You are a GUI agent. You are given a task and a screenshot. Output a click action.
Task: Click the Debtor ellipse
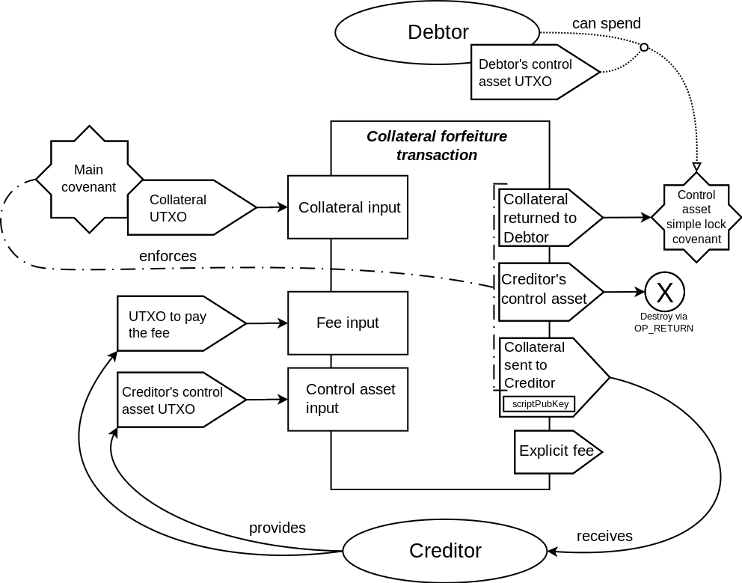438,32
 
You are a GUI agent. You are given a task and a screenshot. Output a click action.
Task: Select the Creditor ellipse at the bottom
445,551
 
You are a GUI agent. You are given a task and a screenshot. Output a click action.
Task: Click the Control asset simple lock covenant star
696,217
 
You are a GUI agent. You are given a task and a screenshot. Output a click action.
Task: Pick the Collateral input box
349,207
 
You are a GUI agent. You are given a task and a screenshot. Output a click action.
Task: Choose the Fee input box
348,323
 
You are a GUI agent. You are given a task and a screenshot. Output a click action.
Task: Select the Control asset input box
348,399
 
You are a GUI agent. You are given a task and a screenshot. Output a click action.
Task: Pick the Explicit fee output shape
557,451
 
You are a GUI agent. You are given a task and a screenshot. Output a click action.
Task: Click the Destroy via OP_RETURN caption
658,322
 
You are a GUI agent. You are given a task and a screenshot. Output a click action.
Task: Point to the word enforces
168,256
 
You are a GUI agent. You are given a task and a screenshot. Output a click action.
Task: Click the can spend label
606,23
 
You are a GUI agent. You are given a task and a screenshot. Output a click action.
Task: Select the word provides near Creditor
277,528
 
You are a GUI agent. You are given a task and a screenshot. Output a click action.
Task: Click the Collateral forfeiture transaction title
437,146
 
